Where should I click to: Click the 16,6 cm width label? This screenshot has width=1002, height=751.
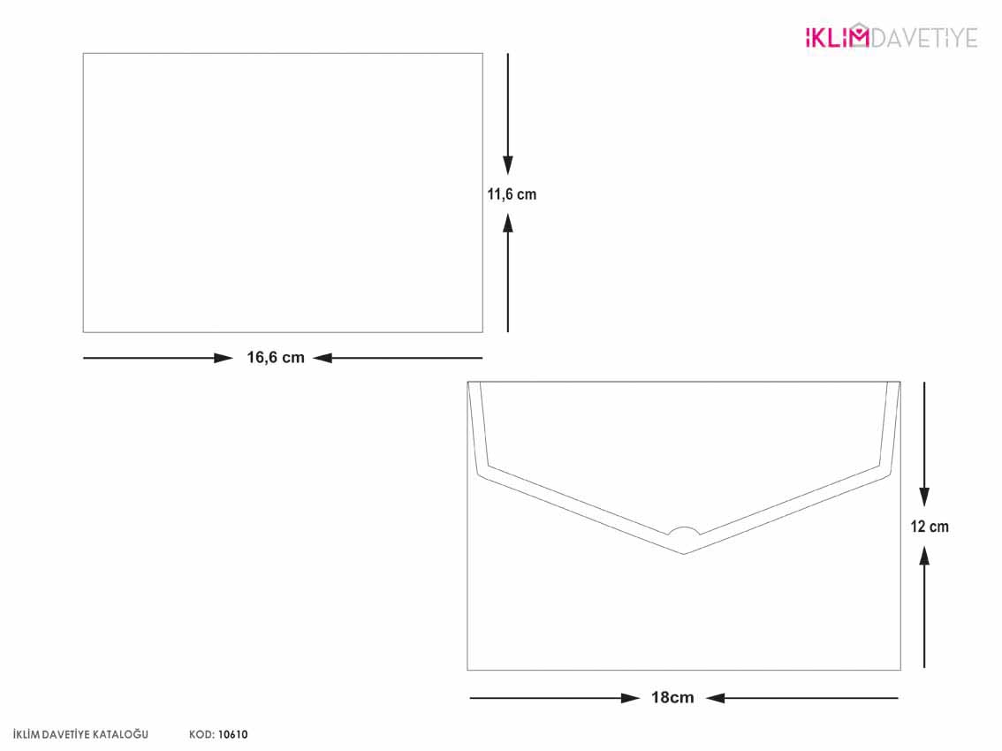276,357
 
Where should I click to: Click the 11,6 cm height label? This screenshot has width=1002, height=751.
512,194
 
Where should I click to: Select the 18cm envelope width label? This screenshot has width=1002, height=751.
672,697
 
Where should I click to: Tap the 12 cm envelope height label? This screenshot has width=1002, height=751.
930,527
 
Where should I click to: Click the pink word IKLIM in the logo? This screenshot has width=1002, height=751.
837,38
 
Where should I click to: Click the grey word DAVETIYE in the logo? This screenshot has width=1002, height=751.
924,38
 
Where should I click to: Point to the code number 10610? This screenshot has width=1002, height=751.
232,735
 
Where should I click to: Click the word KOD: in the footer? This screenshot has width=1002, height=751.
201,735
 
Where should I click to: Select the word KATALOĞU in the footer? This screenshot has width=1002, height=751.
121,735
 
